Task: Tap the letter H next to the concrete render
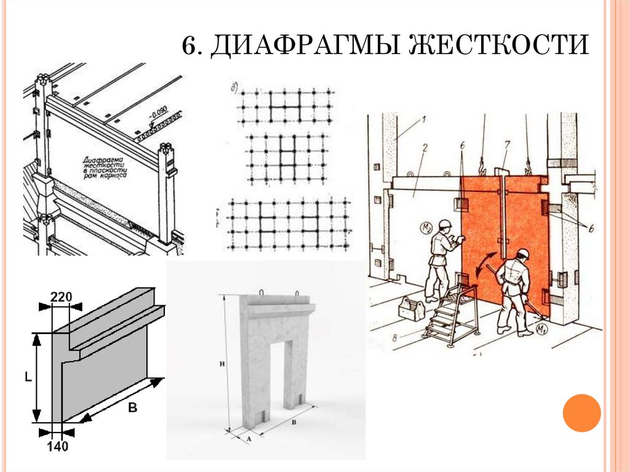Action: coord(222,364)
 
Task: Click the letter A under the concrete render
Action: coord(248,439)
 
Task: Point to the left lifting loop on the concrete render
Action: coord(261,292)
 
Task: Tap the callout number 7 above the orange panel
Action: coord(507,145)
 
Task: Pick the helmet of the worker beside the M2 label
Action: coord(445,223)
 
